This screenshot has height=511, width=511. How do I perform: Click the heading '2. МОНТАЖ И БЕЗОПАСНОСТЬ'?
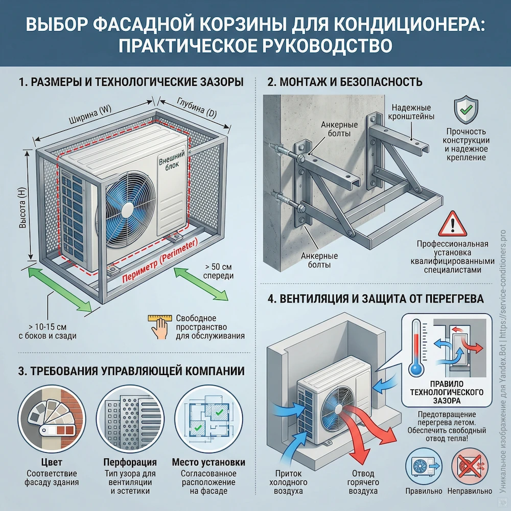coord(345,82)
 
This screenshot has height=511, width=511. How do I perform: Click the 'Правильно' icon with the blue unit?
coord(423,466)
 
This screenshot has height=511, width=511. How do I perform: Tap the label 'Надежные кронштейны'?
coord(411,112)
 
